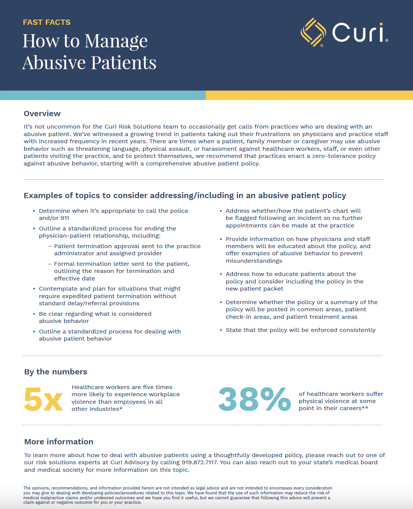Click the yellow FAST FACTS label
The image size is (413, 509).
(47, 22)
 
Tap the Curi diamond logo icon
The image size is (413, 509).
(313, 32)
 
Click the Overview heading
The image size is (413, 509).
(42, 114)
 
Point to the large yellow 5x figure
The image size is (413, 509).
(43, 399)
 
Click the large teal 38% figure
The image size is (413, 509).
(255, 399)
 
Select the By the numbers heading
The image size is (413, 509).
(56, 372)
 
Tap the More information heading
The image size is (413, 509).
(59, 442)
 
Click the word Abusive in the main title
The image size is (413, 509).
(55, 62)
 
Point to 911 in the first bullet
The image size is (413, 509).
(64, 218)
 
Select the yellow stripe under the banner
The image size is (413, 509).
(309, 95)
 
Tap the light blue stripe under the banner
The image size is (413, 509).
(103, 95)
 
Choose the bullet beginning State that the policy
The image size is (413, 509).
(301, 330)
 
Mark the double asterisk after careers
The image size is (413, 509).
(365, 408)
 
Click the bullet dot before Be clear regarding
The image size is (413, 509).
(34, 314)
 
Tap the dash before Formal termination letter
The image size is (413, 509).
(50, 264)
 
